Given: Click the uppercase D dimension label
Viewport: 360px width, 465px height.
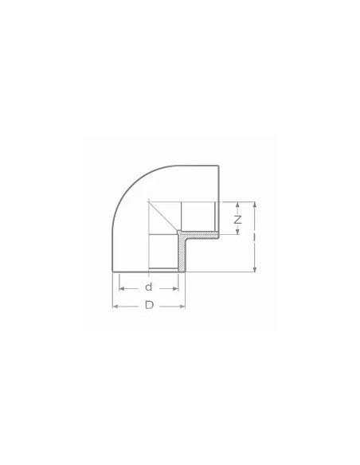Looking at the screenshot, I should click(x=148, y=306).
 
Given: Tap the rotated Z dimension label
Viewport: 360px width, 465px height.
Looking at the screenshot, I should click(x=237, y=218).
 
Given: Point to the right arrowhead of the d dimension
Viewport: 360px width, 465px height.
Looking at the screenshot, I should click(x=176, y=287).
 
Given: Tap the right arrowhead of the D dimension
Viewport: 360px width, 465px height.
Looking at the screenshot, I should click(x=184, y=306).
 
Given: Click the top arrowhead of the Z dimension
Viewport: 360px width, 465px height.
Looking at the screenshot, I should click(x=237, y=203).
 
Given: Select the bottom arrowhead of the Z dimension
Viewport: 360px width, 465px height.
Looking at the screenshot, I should click(x=237, y=232).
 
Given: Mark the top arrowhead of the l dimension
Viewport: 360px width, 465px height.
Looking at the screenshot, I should click(x=254, y=203).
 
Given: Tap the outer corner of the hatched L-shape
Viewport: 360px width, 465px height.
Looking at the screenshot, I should click(x=177, y=232).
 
